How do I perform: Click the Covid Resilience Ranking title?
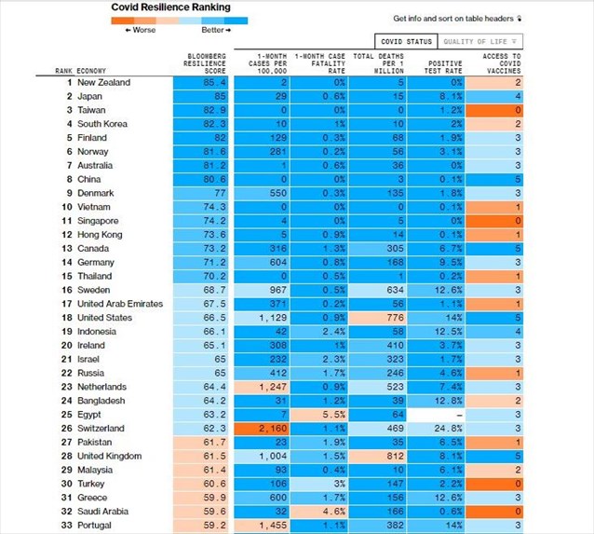tap(170, 7)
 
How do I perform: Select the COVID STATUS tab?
tap(405, 42)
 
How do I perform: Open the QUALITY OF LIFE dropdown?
tap(481, 42)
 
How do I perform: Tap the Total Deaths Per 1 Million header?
tap(378, 63)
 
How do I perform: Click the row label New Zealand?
tap(104, 82)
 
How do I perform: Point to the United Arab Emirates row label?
tap(120, 304)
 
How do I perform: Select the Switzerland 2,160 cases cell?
tap(263, 429)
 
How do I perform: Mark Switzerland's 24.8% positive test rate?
tap(438, 429)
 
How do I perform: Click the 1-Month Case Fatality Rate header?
tap(321, 63)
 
